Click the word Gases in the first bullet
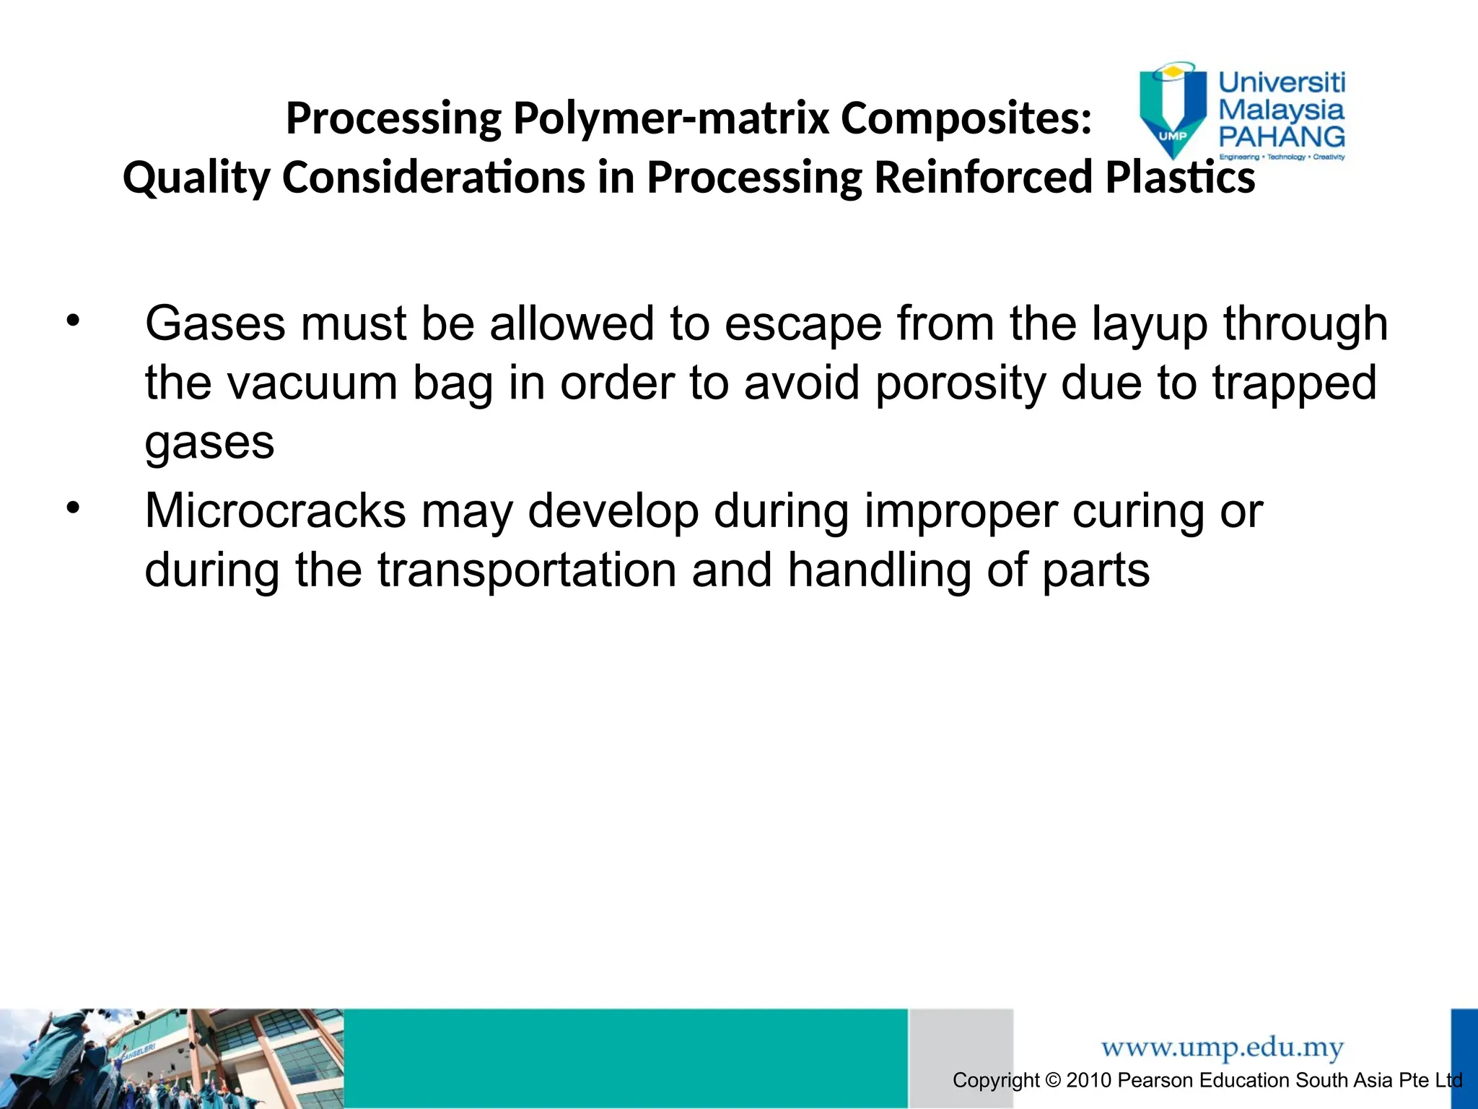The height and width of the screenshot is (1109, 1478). [x=216, y=323]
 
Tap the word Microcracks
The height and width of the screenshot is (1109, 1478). [x=275, y=511]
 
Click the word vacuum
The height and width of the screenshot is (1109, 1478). [x=312, y=383]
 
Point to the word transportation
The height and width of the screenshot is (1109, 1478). [x=527, y=570]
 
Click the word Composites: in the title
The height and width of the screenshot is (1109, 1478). [x=966, y=118]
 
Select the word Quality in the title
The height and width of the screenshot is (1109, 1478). [x=196, y=178]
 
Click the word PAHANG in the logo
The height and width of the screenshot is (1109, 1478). [x=1281, y=136]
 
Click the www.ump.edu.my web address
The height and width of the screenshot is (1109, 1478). [x=1222, y=1047]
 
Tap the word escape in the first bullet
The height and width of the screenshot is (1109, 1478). [x=803, y=323]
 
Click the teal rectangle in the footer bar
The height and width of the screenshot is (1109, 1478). [x=625, y=1058]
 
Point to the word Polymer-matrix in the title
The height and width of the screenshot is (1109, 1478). [x=670, y=118]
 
